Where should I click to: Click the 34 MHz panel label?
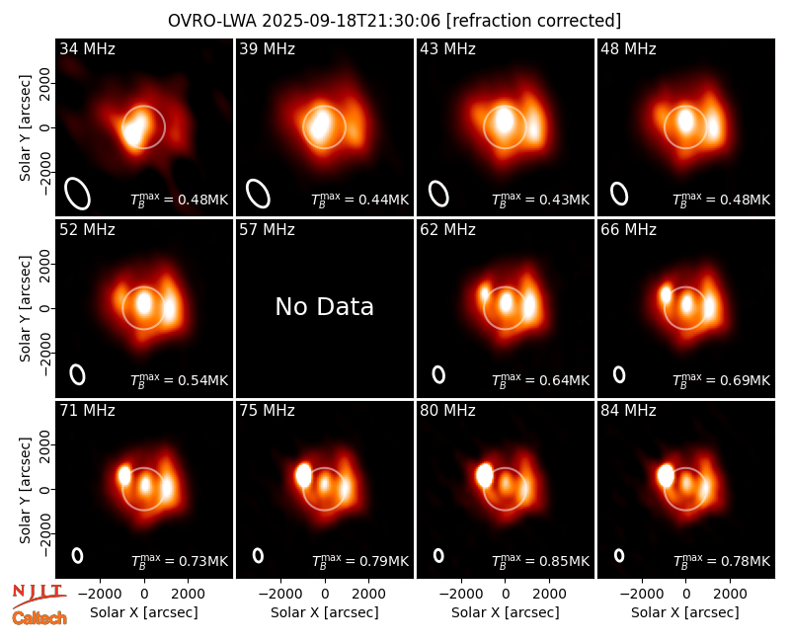pos(87,48)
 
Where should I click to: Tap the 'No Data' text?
pos(325,306)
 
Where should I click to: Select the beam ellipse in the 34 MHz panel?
pos(78,193)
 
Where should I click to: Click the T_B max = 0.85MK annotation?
pos(540,560)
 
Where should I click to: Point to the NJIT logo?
pos(39,596)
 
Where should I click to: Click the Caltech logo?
pos(39,618)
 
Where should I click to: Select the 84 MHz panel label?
pos(628,411)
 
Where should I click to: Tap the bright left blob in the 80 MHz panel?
pos(484,476)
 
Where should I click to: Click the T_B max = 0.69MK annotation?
pos(722,379)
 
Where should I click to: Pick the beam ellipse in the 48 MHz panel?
pos(619,194)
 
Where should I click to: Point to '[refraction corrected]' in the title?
pos(533,21)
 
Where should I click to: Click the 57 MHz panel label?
pos(267,230)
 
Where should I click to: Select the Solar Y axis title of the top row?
pos(26,128)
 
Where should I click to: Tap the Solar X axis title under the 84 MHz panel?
pos(685,612)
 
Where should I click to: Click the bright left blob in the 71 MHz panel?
pos(124,475)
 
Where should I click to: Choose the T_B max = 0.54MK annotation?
pos(180,379)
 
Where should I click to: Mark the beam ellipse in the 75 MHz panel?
pos(258,555)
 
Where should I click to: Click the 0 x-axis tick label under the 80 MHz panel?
pos(506,594)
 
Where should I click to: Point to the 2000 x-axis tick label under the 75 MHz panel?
pos(368,594)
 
